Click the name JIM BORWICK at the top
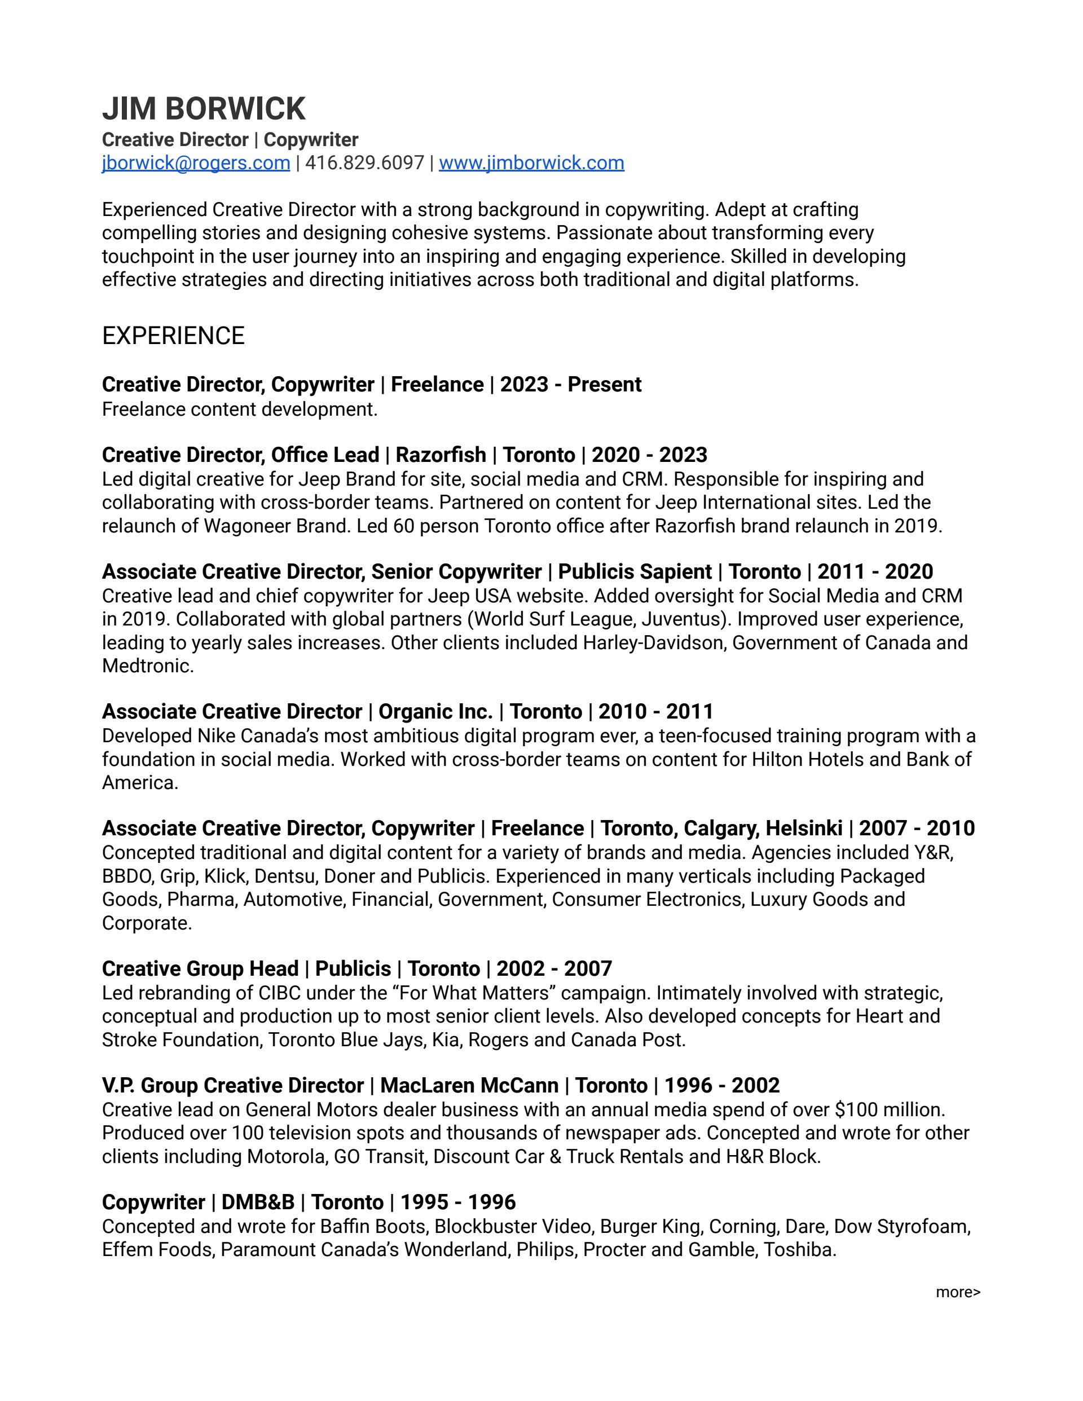click(204, 108)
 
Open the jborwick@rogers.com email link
click(196, 163)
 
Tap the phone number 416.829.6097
click(364, 163)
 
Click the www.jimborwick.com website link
click(531, 163)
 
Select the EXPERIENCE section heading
click(173, 336)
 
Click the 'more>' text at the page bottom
click(957, 1292)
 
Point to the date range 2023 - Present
click(570, 384)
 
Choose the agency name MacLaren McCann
click(469, 1085)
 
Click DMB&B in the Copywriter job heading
click(258, 1202)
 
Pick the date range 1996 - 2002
click(722, 1085)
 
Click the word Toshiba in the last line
click(799, 1250)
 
